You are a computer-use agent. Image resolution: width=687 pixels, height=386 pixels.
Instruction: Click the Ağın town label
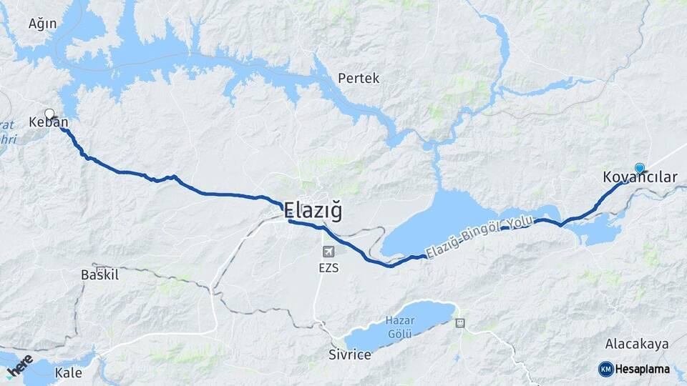42,24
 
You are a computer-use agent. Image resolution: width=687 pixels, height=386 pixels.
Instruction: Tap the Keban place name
48,122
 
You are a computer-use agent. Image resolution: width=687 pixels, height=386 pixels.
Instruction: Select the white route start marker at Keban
49,113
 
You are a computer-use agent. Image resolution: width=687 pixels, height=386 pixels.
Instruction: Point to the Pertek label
359,78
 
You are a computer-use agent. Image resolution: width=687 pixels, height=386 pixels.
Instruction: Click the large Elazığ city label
313,211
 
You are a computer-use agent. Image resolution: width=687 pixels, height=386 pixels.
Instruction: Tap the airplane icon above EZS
328,252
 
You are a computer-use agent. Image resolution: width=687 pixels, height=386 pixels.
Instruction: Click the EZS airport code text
328,268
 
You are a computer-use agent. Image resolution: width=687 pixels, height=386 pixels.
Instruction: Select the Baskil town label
99,274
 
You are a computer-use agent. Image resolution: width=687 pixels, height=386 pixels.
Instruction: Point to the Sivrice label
350,355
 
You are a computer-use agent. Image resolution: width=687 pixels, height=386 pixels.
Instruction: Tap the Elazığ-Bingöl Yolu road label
479,238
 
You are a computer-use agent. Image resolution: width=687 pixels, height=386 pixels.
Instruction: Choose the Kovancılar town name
640,177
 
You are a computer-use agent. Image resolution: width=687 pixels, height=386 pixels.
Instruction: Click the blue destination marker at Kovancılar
640,168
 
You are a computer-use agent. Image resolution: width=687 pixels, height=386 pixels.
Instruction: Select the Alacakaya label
637,344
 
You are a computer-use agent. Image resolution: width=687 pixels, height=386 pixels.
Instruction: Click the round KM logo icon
606,369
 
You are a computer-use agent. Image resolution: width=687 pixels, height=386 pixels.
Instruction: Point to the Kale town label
69,372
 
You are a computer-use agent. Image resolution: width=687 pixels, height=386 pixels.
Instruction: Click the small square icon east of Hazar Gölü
460,322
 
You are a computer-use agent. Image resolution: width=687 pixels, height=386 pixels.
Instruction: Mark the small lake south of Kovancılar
600,231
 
